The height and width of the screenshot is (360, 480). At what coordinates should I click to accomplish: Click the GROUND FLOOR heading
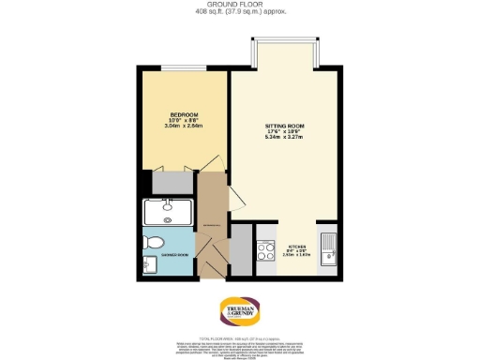point(239,5)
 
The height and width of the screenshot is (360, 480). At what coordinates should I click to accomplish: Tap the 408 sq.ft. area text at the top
point(239,11)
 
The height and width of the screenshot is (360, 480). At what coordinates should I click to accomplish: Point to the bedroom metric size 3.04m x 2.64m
point(183,127)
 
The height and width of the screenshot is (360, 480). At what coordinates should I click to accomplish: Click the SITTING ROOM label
point(286,125)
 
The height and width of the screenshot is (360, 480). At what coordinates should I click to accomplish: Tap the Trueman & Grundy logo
point(239,309)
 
